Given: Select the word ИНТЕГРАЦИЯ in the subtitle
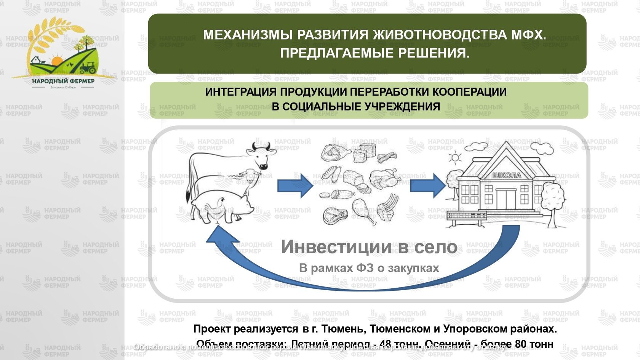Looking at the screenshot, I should (241, 92).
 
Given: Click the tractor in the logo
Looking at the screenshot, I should (88, 68).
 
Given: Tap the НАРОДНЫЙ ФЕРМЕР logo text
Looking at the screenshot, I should (63, 81).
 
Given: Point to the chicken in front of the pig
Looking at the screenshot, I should (213, 208).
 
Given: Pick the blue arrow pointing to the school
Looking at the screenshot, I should (427, 186).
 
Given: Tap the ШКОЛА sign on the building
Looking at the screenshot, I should (506, 176).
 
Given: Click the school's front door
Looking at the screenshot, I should (506, 199).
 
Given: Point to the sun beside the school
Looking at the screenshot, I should (454, 158).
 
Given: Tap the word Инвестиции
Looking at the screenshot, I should (336, 247).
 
